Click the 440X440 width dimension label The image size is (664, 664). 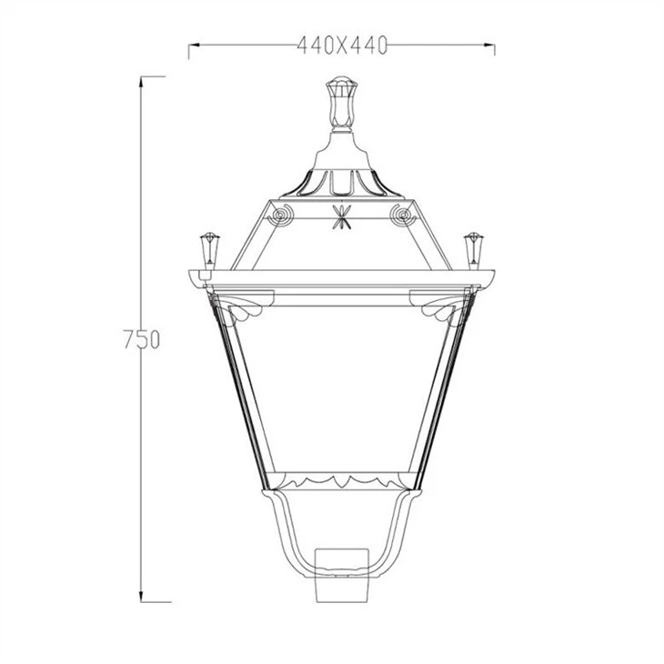342,45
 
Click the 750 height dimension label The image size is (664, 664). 142,338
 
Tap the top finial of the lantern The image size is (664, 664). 342,103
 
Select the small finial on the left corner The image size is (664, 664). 209,250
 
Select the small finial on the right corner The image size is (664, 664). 473,250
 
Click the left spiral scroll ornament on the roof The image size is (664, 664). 280,215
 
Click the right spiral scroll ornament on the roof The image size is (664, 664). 402,215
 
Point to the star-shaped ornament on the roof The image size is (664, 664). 342,216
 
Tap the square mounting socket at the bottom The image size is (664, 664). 342,575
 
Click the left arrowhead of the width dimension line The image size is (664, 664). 194,45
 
